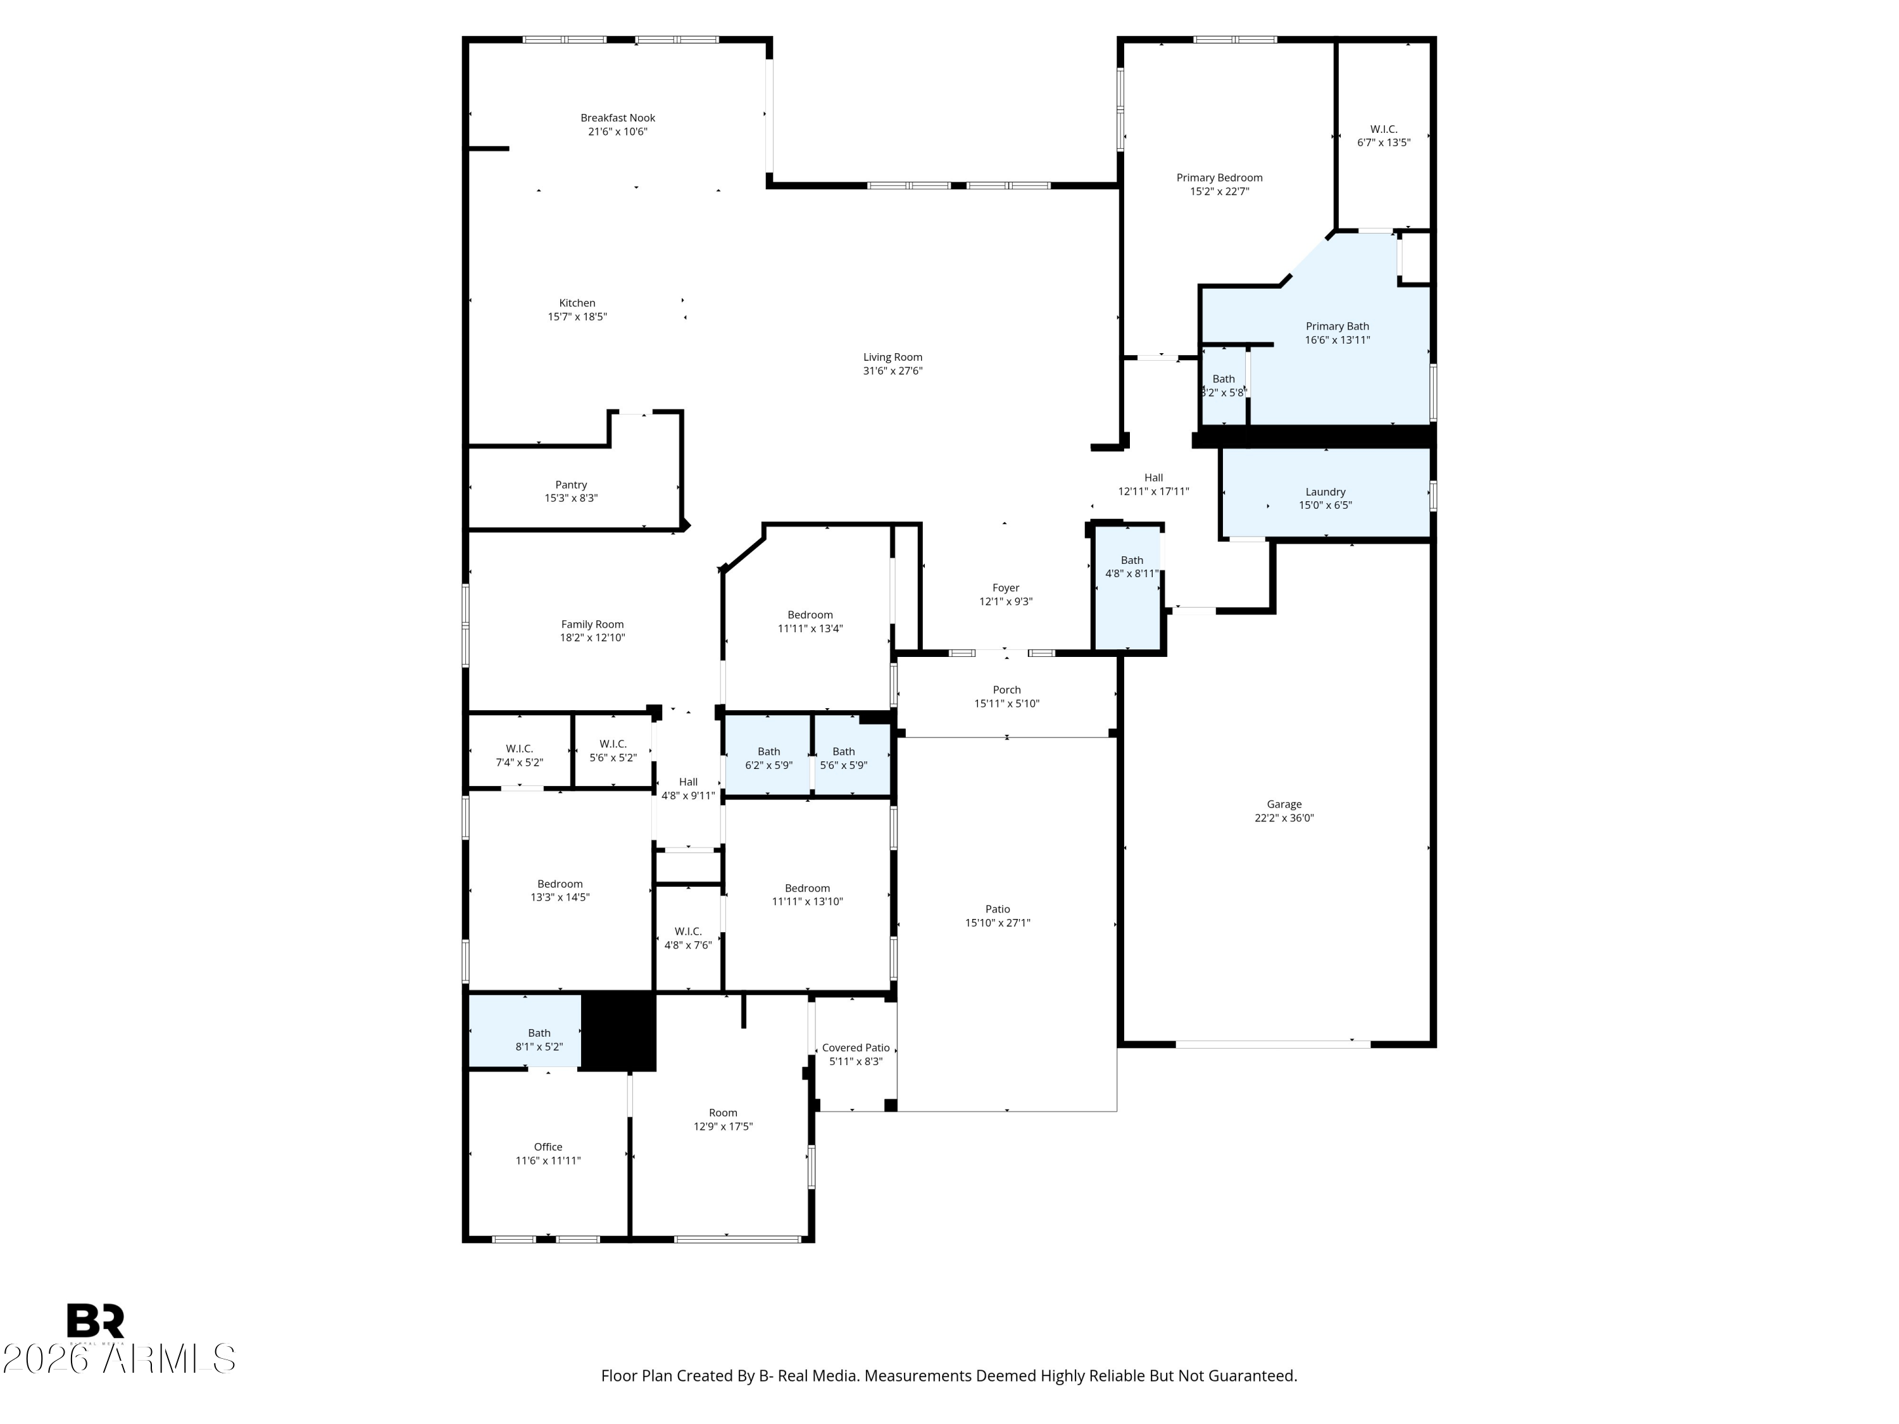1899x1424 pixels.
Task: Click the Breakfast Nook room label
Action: click(617, 118)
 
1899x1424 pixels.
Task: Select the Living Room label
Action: click(893, 357)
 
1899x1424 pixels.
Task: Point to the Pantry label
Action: click(571, 485)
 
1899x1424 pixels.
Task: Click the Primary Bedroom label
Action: click(1219, 178)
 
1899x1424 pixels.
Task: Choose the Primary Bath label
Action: click(1338, 326)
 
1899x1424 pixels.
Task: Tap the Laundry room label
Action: click(1326, 492)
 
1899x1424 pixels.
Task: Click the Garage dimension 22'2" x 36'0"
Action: click(1284, 818)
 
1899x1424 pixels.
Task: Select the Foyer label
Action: click(1006, 588)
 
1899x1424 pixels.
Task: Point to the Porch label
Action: click(1007, 689)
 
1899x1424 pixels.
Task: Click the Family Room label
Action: click(592, 624)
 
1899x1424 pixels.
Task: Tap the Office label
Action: click(549, 1147)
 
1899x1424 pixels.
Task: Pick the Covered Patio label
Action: click(856, 1047)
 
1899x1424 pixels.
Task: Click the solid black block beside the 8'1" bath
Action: click(619, 1031)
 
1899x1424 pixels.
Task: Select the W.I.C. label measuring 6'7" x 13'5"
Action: click(1384, 128)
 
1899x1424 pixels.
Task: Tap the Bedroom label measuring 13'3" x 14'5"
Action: click(560, 884)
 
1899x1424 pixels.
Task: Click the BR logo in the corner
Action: click(96, 1321)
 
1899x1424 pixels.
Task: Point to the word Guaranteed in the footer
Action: click(1253, 1375)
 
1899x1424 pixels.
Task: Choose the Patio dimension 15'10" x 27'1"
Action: click(998, 923)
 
